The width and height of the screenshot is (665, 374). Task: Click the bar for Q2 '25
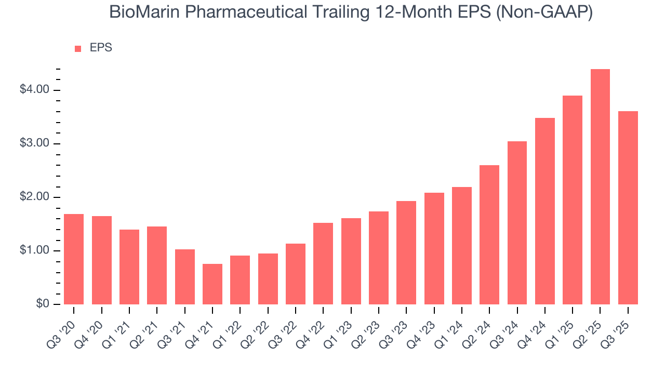coord(600,187)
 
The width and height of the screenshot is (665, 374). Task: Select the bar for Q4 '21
coord(212,284)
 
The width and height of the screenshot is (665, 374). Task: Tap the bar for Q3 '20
coord(74,259)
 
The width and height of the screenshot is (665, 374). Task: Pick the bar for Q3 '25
coord(628,208)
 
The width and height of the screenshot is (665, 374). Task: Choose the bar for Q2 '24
coord(489,235)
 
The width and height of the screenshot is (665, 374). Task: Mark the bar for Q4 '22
coord(323,263)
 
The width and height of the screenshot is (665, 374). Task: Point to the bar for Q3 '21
coord(185,277)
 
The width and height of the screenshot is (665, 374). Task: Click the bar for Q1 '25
coord(573,200)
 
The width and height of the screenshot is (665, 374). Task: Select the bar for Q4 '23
coord(434,248)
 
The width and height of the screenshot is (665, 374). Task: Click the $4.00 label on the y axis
coord(34,90)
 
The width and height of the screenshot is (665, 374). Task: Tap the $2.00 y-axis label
coord(34,197)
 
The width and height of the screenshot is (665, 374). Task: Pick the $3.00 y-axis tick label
coord(34,144)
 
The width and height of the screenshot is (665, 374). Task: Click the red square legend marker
coord(78,48)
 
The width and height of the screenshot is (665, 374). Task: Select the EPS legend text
coord(101,48)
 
